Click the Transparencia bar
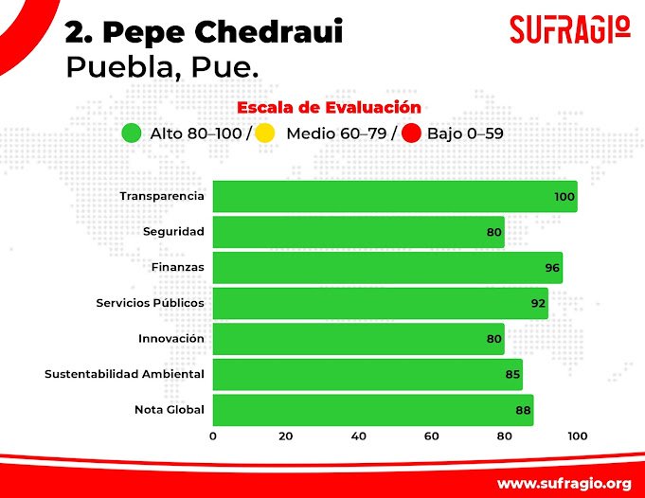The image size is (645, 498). pyautogui.click(x=394, y=196)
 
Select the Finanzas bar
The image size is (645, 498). pyautogui.click(x=386, y=267)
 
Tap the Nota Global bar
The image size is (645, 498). pyautogui.click(x=372, y=410)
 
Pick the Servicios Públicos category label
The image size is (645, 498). pyautogui.click(x=150, y=303)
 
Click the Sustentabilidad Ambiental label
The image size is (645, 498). pyautogui.click(x=124, y=374)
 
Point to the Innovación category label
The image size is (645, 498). pyautogui.click(x=170, y=338)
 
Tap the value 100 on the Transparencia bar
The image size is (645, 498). pyautogui.click(x=564, y=197)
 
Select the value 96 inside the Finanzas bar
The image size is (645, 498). pyautogui.click(x=553, y=268)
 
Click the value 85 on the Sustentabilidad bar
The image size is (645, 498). pyautogui.click(x=512, y=375)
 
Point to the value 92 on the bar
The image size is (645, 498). pyautogui.click(x=538, y=304)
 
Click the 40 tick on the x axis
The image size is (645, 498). pyautogui.click(x=359, y=436)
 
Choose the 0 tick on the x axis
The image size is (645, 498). pyautogui.click(x=213, y=436)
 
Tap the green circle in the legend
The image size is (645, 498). pyautogui.click(x=132, y=133)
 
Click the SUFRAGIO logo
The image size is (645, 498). pyautogui.click(x=569, y=28)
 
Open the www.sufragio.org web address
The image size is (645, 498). pyautogui.click(x=564, y=482)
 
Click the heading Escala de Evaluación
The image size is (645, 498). pyautogui.click(x=329, y=107)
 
